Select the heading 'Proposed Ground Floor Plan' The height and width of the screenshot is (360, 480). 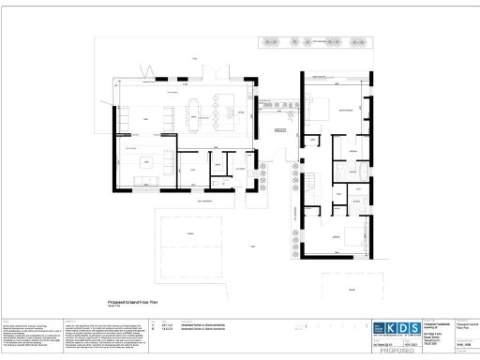point(138,304)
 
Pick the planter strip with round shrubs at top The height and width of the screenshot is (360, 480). point(308,42)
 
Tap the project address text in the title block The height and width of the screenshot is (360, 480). point(436,334)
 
